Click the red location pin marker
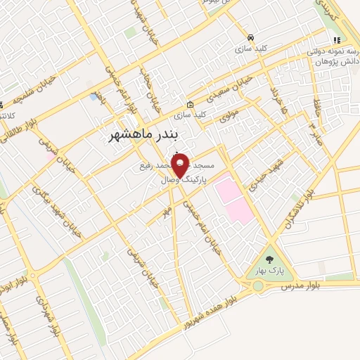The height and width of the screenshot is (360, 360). point(180,165)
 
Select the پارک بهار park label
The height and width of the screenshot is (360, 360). point(265,269)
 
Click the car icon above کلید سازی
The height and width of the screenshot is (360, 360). point(250,37)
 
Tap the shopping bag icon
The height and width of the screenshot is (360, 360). point(190,104)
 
